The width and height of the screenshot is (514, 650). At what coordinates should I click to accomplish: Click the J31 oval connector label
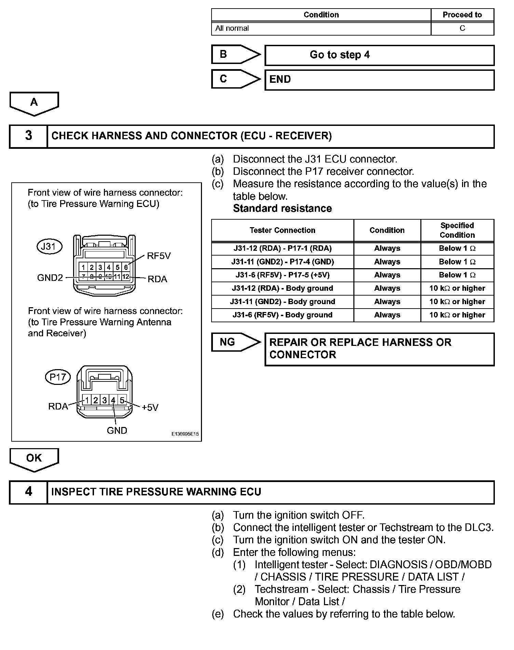[49, 246]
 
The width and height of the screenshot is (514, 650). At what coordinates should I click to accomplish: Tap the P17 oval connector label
[58, 377]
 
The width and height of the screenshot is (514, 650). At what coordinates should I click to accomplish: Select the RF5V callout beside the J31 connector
[159, 256]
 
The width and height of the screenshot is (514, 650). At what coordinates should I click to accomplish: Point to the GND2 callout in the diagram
[50, 277]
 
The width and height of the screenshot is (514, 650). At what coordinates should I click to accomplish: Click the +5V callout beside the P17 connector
[150, 407]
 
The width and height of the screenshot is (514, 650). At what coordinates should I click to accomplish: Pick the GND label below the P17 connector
[117, 430]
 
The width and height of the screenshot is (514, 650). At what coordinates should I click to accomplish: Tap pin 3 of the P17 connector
[104, 400]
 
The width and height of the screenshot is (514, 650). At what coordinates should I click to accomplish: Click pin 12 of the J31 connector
[126, 276]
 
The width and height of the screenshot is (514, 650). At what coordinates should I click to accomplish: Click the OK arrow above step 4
[34, 458]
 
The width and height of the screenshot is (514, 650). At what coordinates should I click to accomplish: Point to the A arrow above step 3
[34, 102]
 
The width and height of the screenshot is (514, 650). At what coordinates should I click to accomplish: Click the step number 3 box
[28, 136]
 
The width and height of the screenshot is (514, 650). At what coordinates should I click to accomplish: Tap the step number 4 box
[28, 492]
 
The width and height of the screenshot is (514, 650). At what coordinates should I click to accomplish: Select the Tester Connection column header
[282, 230]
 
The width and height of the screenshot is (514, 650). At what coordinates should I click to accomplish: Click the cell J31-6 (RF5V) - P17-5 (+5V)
[282, 275]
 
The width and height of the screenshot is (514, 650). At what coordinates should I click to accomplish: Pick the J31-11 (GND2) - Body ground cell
[282, 302]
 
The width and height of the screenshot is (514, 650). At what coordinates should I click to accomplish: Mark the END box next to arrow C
[379, 80]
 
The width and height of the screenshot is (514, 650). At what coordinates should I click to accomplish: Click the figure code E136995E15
[185, 434]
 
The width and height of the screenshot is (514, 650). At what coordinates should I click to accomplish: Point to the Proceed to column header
[462, 15]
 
